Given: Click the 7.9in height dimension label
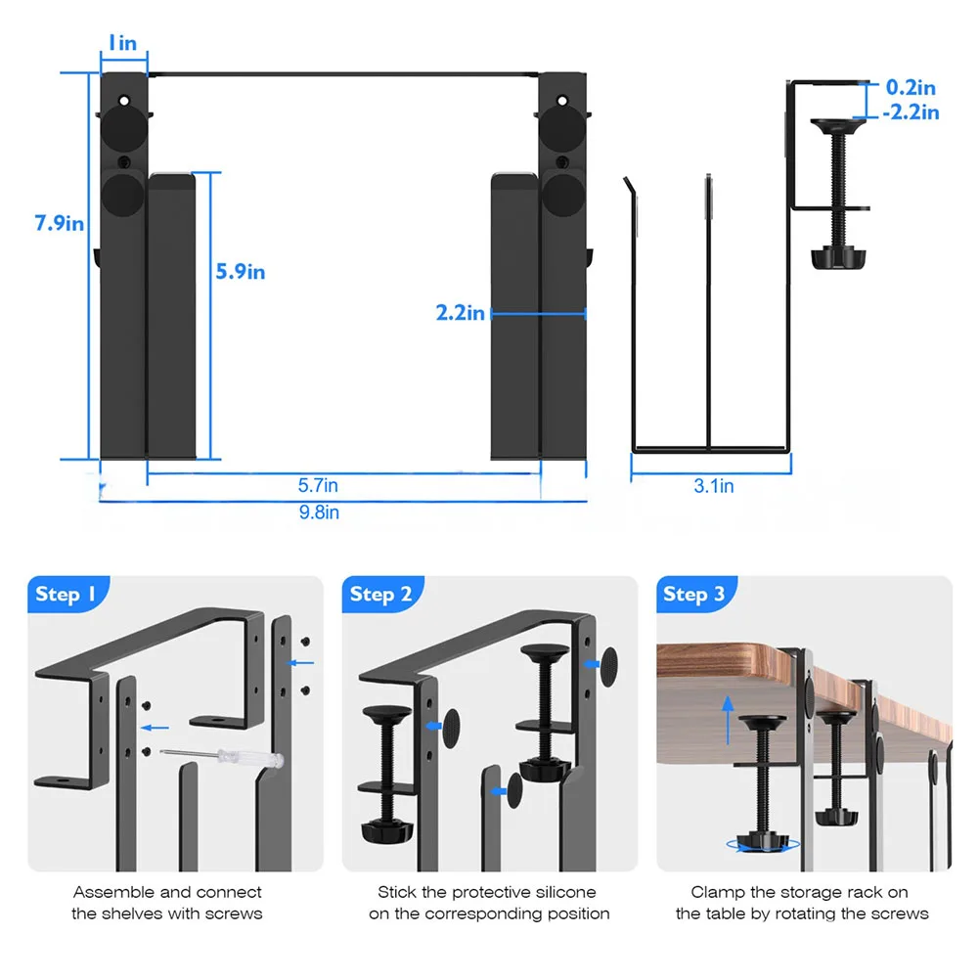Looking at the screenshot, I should tap(60, 222).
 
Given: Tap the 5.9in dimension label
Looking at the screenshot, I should tap(241, 271).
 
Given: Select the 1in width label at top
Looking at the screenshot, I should tap(122, 43).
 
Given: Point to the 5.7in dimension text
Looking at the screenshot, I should tap(318, 484).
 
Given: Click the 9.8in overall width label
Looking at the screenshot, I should tap(318, 512).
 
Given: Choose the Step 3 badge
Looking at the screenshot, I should tap(693, 594).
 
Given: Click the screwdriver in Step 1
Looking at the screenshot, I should tap(224, 755).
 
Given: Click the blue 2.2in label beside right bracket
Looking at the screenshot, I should tap(461, 313).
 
